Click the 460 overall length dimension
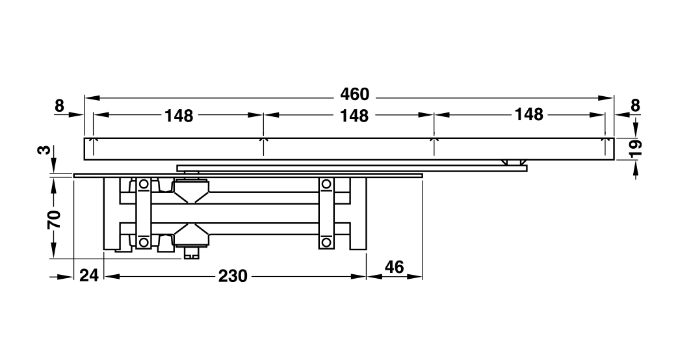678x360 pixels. click(354, 95)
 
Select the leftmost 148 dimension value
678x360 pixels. click(179, 116)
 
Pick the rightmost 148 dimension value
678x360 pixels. click(528, 115)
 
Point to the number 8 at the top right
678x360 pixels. click(635, 105)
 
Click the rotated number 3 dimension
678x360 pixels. click(43, 150)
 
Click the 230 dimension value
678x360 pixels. click(233, 276)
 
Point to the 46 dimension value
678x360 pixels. click(394, 267)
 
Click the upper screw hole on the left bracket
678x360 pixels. click(143, 185)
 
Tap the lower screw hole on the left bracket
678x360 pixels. click(143, 242)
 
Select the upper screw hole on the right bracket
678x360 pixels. click(326, 185)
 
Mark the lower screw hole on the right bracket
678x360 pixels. click(326, 242)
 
